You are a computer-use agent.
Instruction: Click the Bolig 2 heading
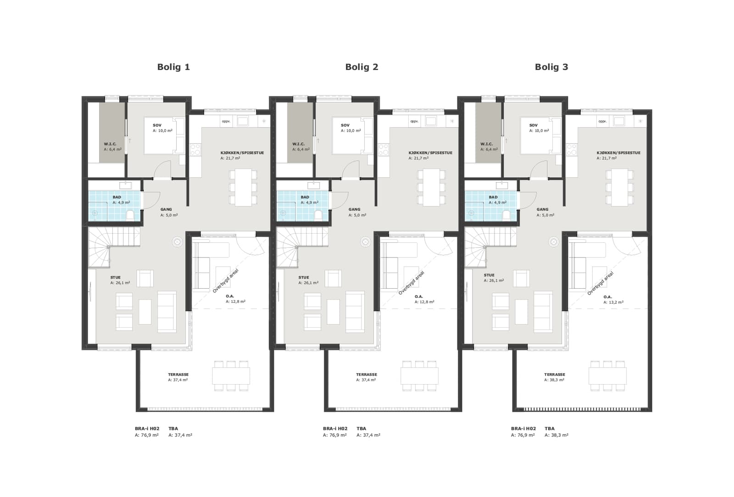point(362,67)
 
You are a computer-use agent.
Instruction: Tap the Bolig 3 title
point(551,67)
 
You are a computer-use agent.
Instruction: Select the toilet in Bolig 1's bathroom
point(130,215)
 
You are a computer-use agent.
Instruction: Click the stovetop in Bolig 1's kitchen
point(195,150)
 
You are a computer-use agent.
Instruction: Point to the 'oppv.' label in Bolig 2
point(414,121)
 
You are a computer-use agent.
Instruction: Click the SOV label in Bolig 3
point(533,125)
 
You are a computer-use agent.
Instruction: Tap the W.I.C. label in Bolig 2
point(299,144)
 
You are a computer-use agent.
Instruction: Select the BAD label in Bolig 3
point(493,197)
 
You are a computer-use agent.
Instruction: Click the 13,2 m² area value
point(613,302)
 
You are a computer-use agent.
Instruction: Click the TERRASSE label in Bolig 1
point(178,374)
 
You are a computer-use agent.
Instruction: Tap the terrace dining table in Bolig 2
point(419,376)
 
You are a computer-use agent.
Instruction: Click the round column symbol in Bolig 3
point(553,242)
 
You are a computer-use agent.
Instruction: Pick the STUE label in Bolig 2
point(304,277)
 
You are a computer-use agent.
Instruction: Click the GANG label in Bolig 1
point(166,209)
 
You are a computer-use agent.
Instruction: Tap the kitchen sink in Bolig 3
point(619,121)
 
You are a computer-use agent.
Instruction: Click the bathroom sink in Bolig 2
point(314,185)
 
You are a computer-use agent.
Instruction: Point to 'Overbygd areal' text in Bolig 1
point(225,281)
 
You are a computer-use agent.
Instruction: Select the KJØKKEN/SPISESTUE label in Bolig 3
point(619,153)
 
